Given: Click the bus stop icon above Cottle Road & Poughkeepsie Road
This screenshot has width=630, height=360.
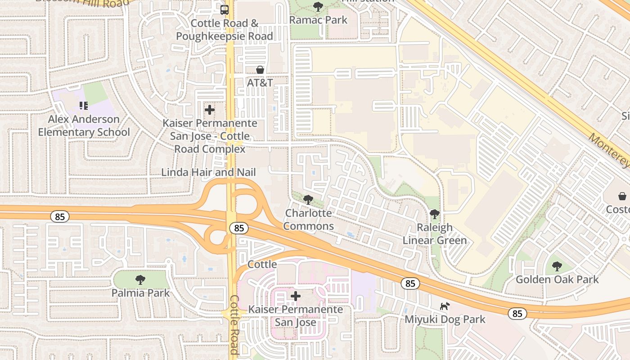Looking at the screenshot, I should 224,9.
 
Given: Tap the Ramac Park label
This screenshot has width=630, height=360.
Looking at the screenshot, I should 318,20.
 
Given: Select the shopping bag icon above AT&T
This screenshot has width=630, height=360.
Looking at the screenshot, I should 260,70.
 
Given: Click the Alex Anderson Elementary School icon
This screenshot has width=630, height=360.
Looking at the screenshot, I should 83,106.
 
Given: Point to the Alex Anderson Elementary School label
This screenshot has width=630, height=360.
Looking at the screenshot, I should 84,126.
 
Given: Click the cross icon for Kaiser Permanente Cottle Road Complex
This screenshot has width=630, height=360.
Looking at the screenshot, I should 209,109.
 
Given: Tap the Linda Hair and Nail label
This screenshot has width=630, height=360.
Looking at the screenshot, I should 208,172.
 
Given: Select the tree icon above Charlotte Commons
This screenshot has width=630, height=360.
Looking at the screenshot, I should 308,200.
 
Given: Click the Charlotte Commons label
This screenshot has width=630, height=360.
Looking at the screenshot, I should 309,219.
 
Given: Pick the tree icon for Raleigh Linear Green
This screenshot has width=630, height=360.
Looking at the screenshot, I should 434,214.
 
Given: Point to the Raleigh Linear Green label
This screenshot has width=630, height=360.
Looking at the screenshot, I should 435,234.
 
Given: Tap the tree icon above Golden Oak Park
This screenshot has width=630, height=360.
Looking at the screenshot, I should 557,266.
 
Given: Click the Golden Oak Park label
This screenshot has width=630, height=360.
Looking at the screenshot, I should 557,279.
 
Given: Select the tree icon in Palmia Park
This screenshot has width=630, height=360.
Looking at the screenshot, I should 140,280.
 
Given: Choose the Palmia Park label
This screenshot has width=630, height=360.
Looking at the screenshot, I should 141,293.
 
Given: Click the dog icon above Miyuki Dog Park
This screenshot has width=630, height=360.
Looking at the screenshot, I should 445,306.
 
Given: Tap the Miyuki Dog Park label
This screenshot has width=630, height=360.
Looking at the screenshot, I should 445,319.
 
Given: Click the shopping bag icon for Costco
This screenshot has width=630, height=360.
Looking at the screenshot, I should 622,196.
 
